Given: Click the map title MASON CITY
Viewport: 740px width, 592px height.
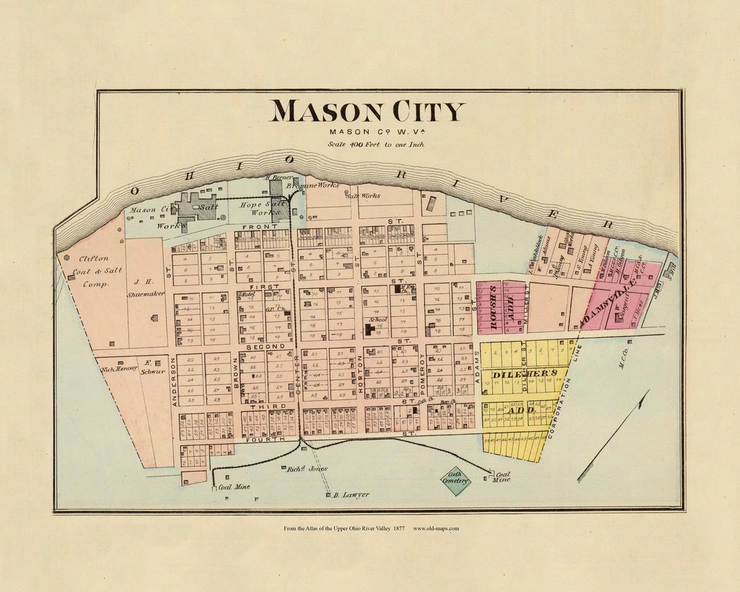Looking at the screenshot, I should click(x=367, y=112).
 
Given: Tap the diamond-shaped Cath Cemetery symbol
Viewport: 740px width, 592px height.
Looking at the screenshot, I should click(x=456, y=478).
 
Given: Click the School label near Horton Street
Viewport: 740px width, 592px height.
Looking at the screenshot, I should click(x=378, y=319).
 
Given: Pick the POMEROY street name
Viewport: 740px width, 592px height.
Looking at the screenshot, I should click(x=422, y=376).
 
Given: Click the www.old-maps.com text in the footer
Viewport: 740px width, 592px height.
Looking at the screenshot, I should click(x=436, y=528).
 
